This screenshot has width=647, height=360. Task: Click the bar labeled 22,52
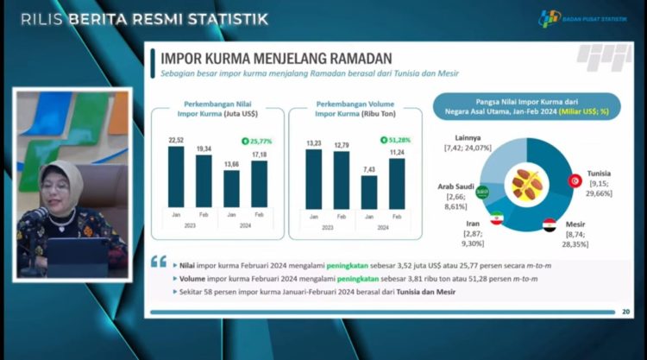point(175,177)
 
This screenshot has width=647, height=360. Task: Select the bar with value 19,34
point(204,181)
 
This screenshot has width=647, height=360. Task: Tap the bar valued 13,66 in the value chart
point(231,189)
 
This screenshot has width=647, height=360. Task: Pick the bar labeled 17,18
point(259,184)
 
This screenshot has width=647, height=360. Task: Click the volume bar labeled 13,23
point(313,180)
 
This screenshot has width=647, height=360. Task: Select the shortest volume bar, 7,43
point(368,193)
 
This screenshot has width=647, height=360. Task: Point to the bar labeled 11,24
point(396,184)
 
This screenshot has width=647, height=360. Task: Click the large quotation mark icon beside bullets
point(158,262)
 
